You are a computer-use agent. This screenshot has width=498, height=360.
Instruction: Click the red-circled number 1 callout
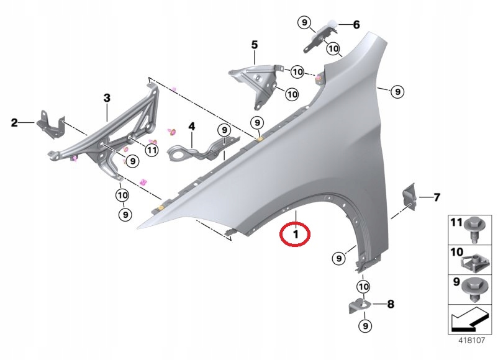295,234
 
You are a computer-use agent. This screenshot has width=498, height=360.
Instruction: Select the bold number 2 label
14,122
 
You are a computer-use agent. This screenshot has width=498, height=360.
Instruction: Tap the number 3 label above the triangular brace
107,98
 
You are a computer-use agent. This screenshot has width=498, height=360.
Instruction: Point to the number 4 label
191,127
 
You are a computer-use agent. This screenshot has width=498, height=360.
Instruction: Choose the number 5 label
255,45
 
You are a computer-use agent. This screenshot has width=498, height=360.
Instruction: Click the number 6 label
356,24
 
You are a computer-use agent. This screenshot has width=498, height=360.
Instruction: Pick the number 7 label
437,197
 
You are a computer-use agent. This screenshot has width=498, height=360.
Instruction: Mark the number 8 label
391,304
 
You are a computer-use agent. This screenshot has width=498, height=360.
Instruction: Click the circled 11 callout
152,150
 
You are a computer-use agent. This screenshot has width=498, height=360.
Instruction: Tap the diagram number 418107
472,341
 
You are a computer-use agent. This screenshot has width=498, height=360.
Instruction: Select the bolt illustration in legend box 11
474,230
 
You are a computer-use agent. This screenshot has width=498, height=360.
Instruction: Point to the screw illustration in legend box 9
474,290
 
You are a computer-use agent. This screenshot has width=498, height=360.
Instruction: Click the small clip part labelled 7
409,197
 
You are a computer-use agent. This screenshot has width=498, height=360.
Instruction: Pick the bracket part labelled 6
321,35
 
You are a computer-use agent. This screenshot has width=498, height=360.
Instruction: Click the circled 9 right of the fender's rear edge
397,92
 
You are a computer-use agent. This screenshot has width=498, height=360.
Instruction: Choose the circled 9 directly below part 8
364,326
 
